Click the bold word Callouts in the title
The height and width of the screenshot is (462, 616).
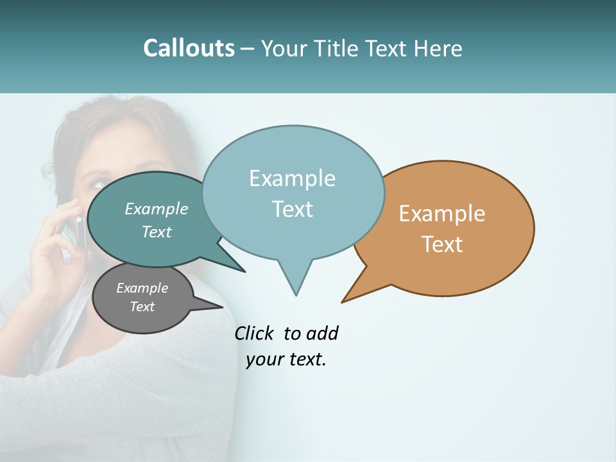[189, 49]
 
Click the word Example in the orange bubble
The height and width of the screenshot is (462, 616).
[442, 214]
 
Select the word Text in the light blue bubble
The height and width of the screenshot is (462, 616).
[293, 209]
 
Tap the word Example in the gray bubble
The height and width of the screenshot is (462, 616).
[142, 288]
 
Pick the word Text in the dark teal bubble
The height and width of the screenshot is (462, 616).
[157, 232]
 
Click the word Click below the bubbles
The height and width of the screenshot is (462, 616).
[255, 333]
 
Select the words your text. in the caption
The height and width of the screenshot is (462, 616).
[286, 360]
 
